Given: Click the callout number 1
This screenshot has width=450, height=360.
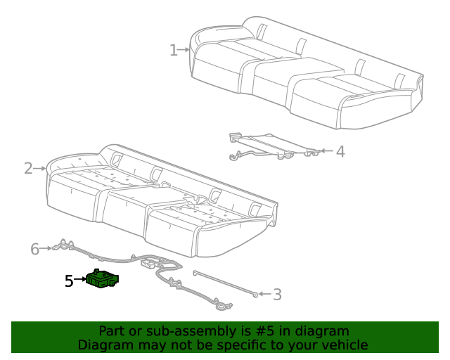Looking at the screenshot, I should click(x=173, y=50).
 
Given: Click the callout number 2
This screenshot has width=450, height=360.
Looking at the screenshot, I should click(x=28, y=168).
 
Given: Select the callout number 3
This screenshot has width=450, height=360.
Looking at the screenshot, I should click(x=277, y=295).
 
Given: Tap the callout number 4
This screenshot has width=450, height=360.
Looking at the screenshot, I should click(x=340, y=150).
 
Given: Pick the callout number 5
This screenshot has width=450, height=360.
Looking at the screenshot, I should click(x=68, y=281).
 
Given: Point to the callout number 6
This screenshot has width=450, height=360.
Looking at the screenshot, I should click(x=34, y=248).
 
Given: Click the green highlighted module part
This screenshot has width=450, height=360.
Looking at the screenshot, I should click(x=102, y=280).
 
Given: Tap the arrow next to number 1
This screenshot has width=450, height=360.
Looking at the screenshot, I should click(x=184, y=50).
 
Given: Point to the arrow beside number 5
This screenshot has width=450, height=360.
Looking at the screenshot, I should click(x=79, y=281).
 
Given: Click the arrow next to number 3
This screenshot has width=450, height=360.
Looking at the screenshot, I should click(x=263, y=295).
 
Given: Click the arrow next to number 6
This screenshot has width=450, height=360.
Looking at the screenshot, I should click(x=46, y=248).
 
